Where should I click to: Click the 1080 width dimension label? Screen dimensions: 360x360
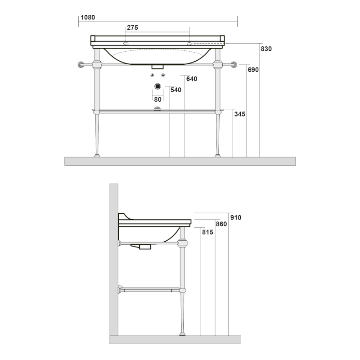88,18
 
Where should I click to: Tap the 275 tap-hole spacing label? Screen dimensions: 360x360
132,27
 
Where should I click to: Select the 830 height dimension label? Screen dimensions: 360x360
266,49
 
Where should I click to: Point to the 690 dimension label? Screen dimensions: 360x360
253,70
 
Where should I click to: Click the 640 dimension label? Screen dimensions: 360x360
192,79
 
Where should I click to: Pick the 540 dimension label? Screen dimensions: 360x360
176,90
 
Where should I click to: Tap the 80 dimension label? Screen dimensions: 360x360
158,99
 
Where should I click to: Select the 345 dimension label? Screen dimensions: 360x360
240,114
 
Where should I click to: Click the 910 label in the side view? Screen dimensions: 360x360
236,217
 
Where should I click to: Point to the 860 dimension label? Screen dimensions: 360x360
221,224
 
